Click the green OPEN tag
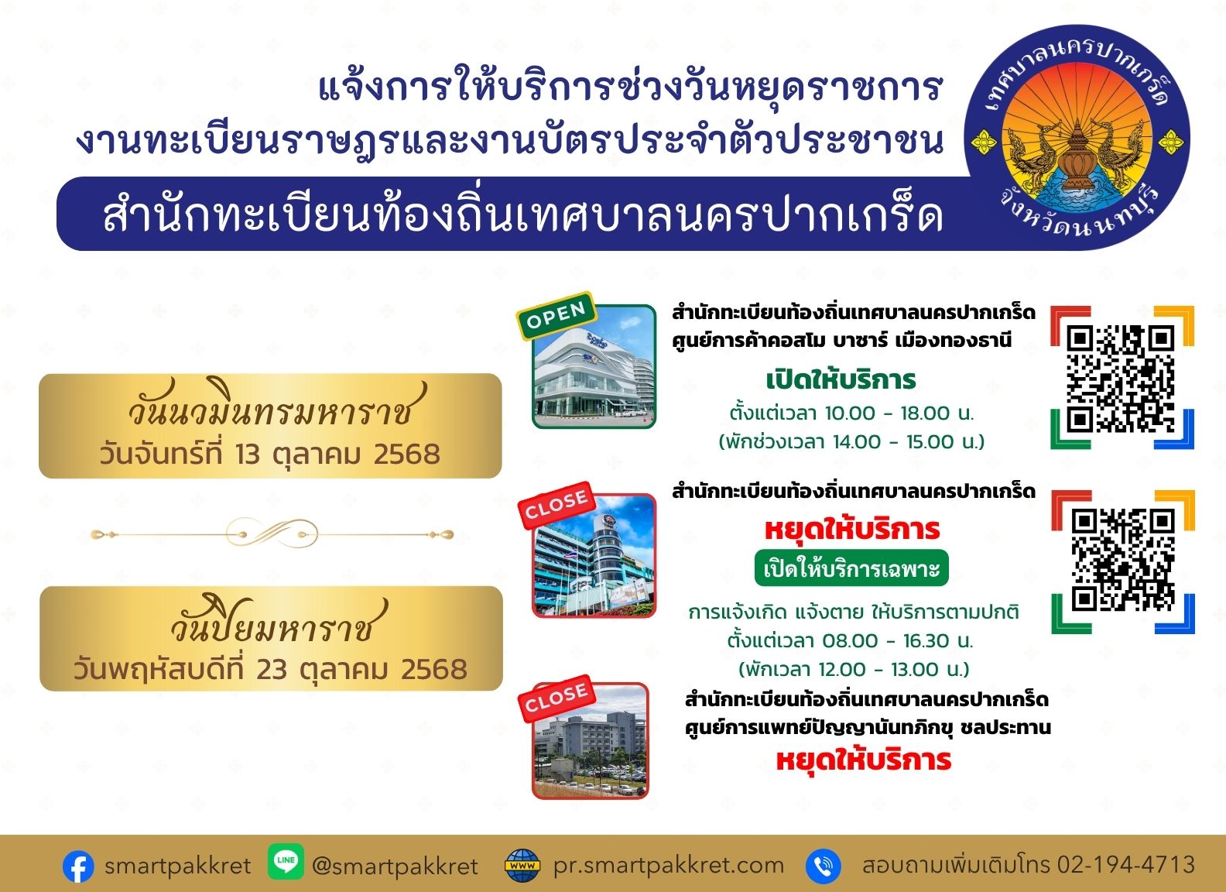click(556, 315)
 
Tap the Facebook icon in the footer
click(78, 866)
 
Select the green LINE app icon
click(286, 862)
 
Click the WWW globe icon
click(522, 866)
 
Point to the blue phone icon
click(823, 866)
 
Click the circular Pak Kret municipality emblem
click(1077, 138)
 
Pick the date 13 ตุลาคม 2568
click(337, 455)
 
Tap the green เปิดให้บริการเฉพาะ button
click(851, 568)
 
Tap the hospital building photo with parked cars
click(590, 741)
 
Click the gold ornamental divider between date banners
click(272, 533)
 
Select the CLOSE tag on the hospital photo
click(556, 698)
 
